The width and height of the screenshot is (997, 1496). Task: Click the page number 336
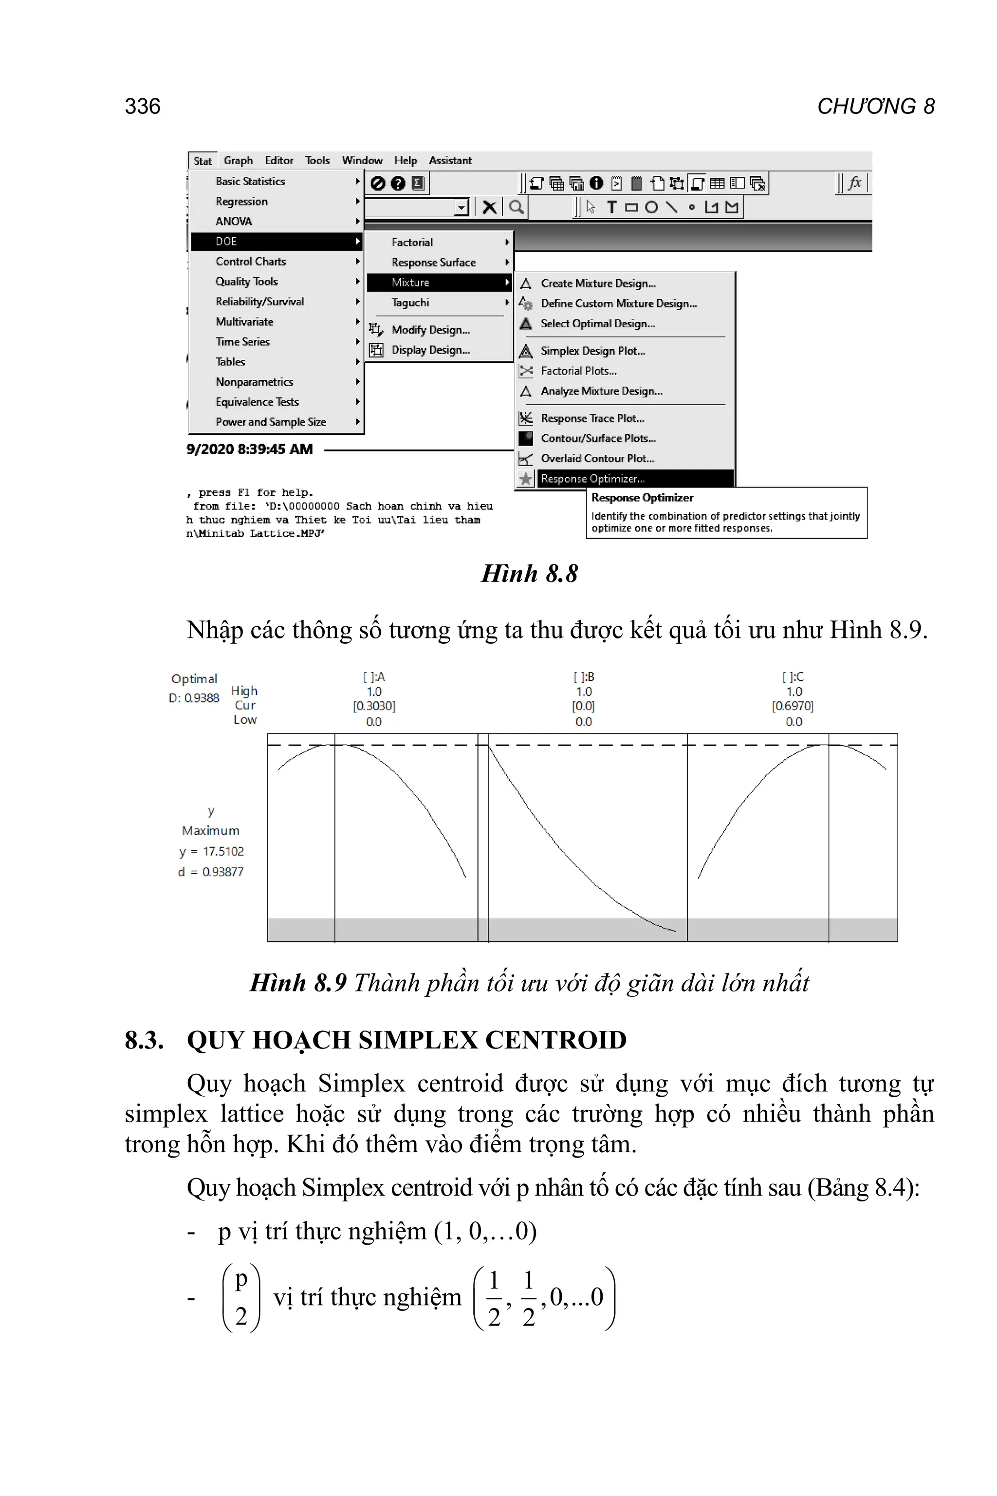[x=143, y=106]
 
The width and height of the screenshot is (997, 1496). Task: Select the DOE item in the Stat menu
[x=226, y=242]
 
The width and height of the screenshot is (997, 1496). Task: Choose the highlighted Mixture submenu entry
[x=411, y=282]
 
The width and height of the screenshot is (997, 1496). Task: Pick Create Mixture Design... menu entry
[x=598, y=284]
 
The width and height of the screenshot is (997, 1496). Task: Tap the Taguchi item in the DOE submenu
[x=410, y=303]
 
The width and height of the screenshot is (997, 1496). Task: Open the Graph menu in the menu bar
[x=238, y=160]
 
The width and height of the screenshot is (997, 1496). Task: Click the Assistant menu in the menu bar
[x=450, y=160]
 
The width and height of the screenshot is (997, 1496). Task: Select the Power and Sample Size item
[x=270, y=422]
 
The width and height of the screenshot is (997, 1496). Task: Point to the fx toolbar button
[x=854, y=183]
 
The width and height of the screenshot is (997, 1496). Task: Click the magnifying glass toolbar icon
[x=517, y=207]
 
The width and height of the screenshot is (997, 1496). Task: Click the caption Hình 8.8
[x=529, y=574]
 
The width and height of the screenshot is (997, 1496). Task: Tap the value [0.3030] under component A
[x=374, y=706]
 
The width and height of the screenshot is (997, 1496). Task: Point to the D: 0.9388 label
[x=194, y=698]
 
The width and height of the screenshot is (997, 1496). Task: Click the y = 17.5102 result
[x=211, y=851]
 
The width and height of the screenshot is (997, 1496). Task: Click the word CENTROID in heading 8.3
[x=556, y=1040]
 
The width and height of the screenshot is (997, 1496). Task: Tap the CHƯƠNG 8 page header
[x=876, y=106]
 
